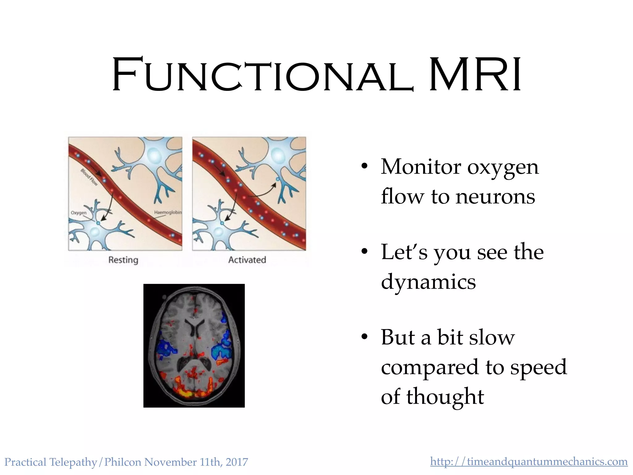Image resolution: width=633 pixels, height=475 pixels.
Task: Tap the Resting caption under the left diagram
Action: click(123, 260)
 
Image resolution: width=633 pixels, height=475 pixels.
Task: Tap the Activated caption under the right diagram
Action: click(247, 260)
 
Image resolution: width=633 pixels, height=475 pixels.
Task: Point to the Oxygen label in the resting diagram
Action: click(79, 213)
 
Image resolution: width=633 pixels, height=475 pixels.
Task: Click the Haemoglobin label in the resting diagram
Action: click(168, 212)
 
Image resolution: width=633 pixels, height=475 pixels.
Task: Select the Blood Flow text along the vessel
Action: click(89, 177)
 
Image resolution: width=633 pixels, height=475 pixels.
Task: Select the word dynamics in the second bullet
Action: click(428, 282)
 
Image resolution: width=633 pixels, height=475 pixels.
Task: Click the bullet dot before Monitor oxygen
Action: click(365, 166)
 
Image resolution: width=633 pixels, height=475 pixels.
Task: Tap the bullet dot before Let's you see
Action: click(365, 251)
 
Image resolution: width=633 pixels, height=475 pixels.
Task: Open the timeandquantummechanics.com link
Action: click(529, 462)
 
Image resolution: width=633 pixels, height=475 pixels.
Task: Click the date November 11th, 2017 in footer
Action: click(196, 462)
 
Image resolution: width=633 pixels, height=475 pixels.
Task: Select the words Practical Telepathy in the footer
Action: click(51, 462)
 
